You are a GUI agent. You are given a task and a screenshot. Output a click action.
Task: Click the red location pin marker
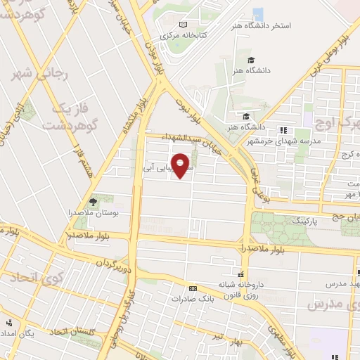click(x=181, y=165)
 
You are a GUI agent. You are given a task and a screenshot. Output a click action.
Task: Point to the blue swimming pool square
click(x=257, y=13)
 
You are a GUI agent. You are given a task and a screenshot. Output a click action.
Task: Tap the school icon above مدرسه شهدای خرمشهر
click(x=283, y=129)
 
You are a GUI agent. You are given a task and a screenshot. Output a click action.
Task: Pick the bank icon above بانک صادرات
click(x=193, y=288)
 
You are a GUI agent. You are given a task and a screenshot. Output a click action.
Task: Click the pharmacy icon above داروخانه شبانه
click(x=241, y=274)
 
